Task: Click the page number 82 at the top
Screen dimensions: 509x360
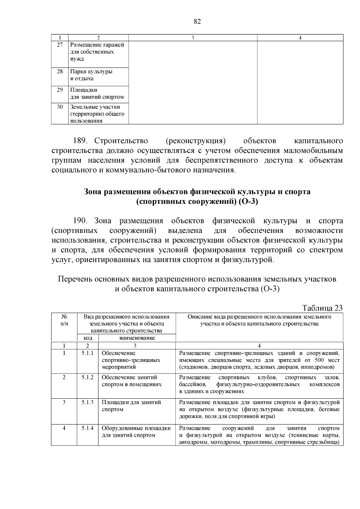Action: pyautogui.click(x=197, y=22)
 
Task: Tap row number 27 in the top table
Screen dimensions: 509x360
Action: pyautogui.click(x=60, y=45)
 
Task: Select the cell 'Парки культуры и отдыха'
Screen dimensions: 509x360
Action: pyautogui.click(x=91, y=75)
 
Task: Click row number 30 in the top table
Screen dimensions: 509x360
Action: pyautogui.click(x=60, y=107)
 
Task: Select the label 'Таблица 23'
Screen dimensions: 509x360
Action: pyautogui.click(x=322, y=308)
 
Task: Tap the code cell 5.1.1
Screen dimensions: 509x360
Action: pyautogui.click(x=87, y=353)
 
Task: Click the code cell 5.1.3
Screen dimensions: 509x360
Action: pyautogui.click(x=87, y=402)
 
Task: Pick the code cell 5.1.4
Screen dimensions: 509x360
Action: pyautogui.click(x=87, y=428)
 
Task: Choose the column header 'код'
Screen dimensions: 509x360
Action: pyautogui.click(x=87, y=338)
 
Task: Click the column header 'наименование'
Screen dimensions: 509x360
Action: pyautogui.click(x=137, y=338)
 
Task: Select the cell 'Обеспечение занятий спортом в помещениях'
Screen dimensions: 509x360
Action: pyautogui.click(x=131, y=381)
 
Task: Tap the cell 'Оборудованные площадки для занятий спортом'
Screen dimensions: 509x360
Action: pyautogui.click(x=136, y=432)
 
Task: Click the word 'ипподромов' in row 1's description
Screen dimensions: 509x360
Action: pyautogui.click(x=318, y=367)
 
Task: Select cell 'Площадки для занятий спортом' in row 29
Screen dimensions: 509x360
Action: pyautogui.click(x=97, y=94)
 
